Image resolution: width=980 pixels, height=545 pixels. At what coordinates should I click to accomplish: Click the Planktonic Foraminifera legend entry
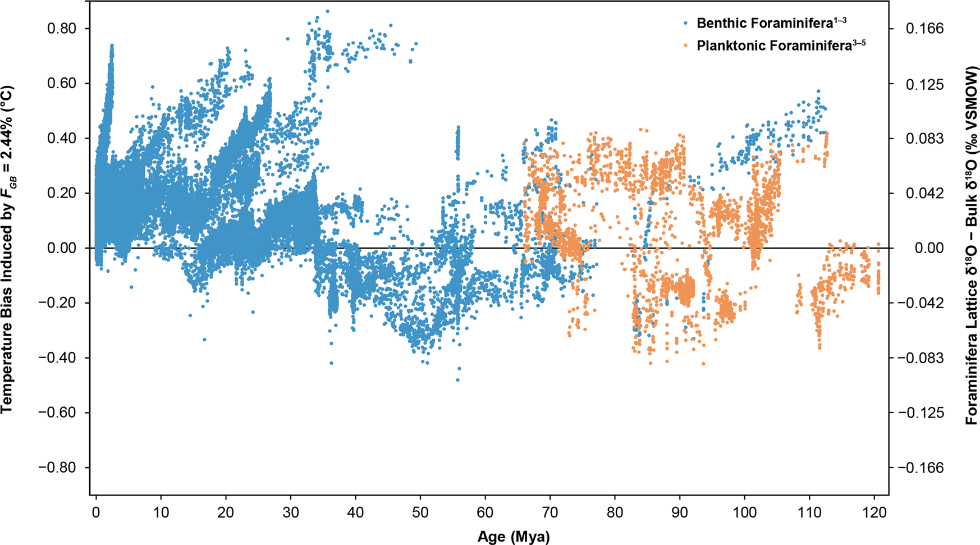pyautogui.click(x=781, y=45)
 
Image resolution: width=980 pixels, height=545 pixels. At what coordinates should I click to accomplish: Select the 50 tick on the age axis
pyautogui.click(x=420, y=513)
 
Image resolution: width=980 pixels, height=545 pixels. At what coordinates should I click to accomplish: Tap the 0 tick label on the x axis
pyautogui.click(x=97, y=513)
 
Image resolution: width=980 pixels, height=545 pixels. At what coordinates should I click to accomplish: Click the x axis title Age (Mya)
pyautogui.click(x=514, y=537)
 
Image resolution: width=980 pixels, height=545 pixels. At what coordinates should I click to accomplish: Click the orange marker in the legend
pyautogui.click(x=686, y=46)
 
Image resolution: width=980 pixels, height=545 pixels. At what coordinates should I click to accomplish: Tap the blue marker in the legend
pyautogui.click(x=686, y=24)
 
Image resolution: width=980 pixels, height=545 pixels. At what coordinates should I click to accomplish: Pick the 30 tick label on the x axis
pyautogui.click(x=291, y=513)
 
